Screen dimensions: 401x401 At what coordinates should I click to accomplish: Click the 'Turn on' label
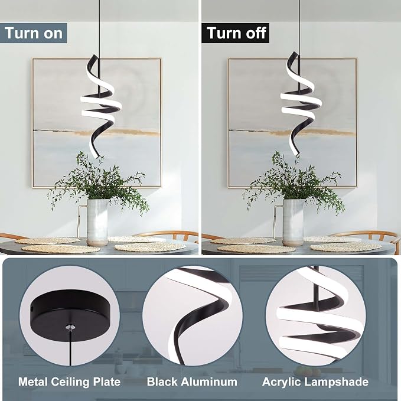(x=34, y=33)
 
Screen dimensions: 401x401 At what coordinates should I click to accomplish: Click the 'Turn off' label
(x=236, y=33)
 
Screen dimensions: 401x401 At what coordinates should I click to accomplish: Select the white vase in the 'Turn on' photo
(x=97, y=222)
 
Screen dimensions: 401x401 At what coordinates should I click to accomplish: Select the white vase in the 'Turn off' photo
(x=294, y=222)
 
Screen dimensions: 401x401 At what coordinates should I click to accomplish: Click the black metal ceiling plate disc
(x=71, y=314)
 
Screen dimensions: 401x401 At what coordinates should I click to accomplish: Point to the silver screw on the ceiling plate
(x=70, y=327)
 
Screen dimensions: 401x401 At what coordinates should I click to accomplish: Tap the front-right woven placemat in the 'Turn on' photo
(x=150, y=247)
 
